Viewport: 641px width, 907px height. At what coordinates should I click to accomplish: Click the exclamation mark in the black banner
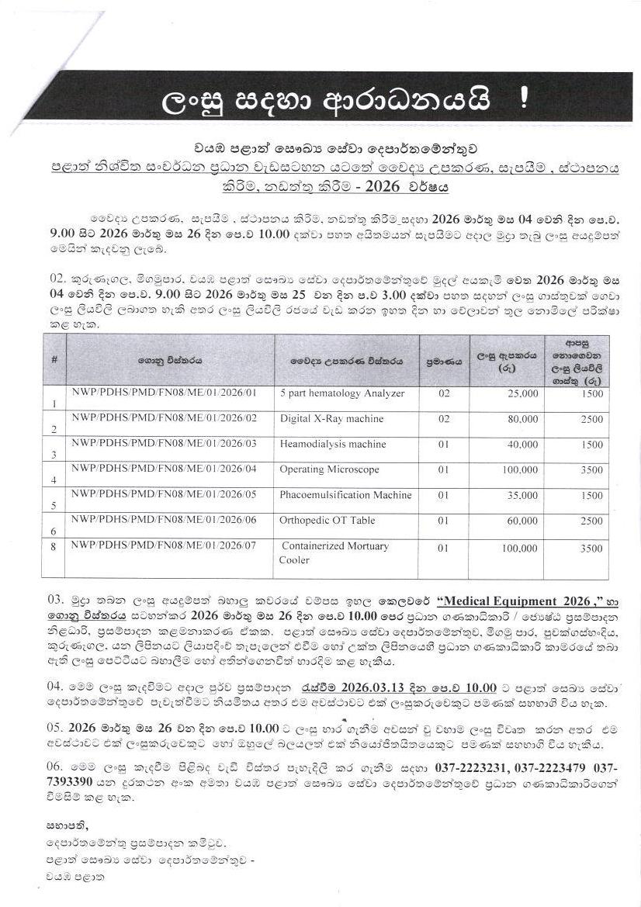525,101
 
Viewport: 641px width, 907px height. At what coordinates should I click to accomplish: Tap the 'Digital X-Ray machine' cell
331,419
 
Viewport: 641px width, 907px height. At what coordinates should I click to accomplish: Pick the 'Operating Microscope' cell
329,469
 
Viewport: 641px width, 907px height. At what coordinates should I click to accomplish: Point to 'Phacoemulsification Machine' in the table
345,495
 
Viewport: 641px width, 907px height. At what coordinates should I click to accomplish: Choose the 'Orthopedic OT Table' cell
327,521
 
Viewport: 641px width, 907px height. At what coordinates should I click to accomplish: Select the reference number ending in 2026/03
163,444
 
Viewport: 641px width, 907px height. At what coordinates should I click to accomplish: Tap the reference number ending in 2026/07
163,546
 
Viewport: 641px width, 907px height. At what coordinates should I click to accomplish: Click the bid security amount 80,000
521,420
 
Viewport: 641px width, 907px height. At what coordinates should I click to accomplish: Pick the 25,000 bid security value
521,394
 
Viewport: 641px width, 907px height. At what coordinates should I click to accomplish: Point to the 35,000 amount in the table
521,496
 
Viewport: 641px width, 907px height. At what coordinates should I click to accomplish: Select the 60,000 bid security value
521,521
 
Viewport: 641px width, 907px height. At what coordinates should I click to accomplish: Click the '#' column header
54,360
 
